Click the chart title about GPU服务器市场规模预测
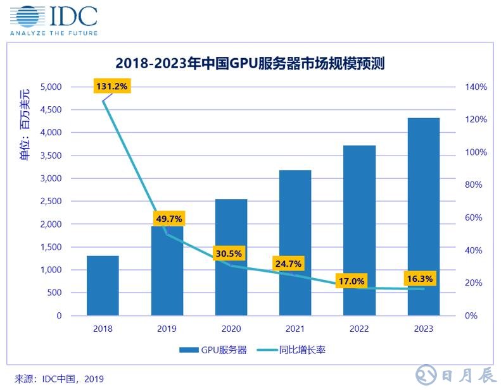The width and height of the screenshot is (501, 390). (x=250, y=63)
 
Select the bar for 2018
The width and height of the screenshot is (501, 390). (x=103, y=285)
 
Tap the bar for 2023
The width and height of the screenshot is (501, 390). (x=423, y=216)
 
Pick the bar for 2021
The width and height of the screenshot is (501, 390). (x=295, y=242)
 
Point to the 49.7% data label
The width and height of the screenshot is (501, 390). (x=168, y=219)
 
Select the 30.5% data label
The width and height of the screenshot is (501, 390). (x=228, y=253)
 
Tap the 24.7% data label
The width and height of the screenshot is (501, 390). (x=288, y=263)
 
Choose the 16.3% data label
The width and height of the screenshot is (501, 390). (x=421, y=279)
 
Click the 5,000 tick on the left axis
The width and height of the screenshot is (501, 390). (x=50, y=87)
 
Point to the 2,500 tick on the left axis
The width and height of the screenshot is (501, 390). (x=50, y=202)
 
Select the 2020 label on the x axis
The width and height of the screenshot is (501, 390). (x=231, y=329)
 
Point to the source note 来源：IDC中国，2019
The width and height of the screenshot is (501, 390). (x=59, y=379)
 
